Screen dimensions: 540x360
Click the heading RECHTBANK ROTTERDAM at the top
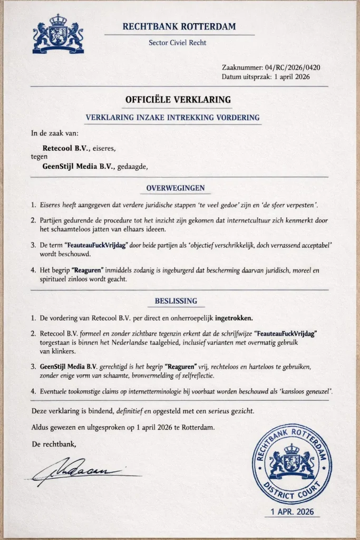pos(179,26)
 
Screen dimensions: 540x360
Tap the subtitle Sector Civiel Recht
pos(178,43)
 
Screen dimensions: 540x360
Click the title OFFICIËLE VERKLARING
pos(178,100)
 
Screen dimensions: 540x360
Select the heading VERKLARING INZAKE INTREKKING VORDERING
pos(172,118)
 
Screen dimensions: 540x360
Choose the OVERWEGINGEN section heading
pos(176,188)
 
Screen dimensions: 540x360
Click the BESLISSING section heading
pos(176,301)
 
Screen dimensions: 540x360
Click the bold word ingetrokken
pos(230,318)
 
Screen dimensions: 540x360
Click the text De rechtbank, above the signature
pos(54,445)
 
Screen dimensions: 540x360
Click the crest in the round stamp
pos(291,460)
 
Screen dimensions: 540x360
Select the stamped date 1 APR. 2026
pos(292,512)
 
